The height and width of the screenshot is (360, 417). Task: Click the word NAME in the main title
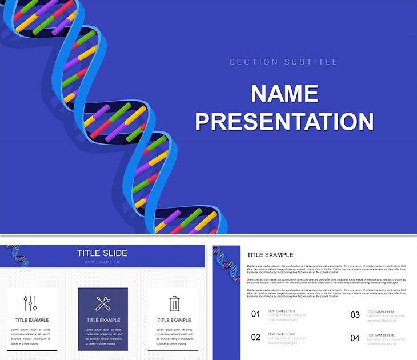(284, 94)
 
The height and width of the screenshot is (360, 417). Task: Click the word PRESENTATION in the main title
(284, 122)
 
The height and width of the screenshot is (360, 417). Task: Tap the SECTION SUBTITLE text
(284, 62)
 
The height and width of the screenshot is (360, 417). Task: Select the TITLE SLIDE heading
(102, 253)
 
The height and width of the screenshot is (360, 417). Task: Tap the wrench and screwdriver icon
(103, 303)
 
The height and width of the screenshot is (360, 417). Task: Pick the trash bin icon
(174, 303)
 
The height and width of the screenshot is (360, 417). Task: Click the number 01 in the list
(256, 314)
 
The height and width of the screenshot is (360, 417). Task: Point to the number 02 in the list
(256, 337)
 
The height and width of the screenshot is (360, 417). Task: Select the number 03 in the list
(355, 314)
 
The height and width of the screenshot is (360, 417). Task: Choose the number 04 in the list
(355, 338)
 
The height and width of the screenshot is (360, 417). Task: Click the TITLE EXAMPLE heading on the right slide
(270, 255)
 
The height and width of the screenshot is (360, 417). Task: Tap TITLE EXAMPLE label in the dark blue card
(103, 320)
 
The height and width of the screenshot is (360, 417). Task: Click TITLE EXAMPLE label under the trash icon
(174, 320)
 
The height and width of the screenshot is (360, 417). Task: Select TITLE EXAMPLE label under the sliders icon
(32, 320)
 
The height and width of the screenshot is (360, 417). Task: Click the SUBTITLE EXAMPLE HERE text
(102, 262)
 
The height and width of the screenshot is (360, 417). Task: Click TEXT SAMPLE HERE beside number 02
(282, 334)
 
